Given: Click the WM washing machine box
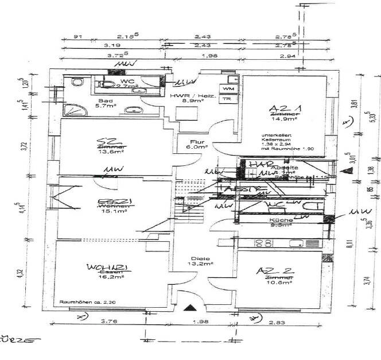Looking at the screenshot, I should click(x=228, y=90).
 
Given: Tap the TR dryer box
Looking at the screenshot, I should click(x=227, y=99).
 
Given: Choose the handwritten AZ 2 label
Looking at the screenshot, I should click(x=273, y=271).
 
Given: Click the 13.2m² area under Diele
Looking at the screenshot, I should click(x=199, y=264).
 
